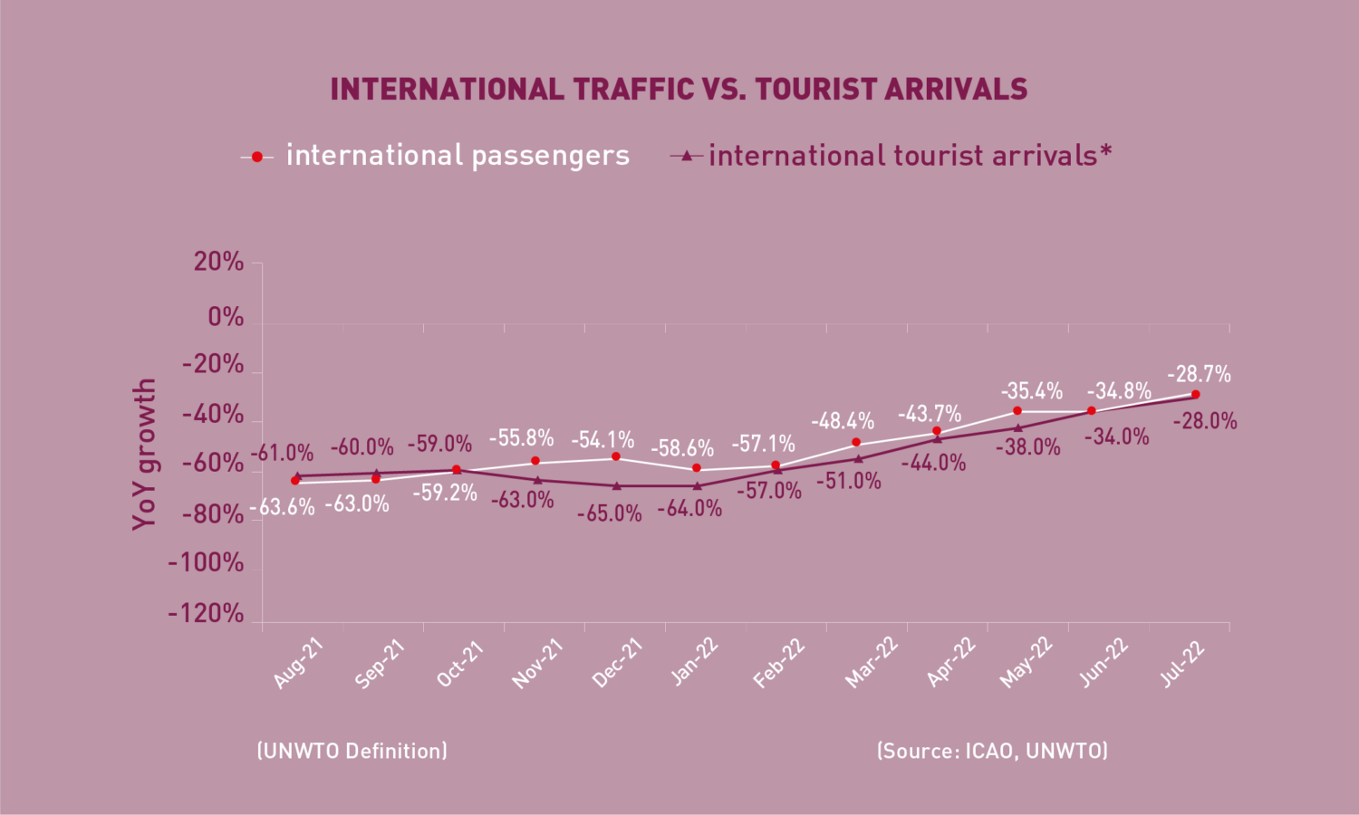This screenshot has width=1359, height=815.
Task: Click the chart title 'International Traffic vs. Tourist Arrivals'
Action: [679, 89]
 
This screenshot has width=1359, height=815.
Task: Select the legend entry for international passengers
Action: [435, 156]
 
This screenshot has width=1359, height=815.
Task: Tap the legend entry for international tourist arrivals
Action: [891, 156]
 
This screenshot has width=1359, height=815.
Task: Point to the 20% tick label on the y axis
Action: [218, 262]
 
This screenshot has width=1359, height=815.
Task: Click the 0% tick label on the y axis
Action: [226, 317]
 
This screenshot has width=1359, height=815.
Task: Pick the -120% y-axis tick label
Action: [206, 614]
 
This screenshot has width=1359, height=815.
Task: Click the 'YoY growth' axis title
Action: [144, 455]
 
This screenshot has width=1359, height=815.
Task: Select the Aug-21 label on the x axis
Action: [297, 664]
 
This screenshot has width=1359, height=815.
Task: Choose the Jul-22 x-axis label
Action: [1181, 664]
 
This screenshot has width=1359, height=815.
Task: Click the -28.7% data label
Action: [1199, 374]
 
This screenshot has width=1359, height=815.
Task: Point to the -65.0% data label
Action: [609, 514]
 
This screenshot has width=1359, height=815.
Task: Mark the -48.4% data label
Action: [843, 420]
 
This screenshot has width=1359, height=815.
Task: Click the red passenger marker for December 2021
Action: [616, 456]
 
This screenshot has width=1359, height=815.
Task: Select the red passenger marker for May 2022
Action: [1017, 411]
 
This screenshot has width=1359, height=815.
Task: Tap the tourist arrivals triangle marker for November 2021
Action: [537, 480]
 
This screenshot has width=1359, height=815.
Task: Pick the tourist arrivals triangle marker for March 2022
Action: [858, 458]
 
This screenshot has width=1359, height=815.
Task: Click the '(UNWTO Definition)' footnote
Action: [352, 751]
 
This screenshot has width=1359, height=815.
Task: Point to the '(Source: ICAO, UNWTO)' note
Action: [993, 751]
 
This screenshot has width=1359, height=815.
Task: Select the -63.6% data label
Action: [282, 507]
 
